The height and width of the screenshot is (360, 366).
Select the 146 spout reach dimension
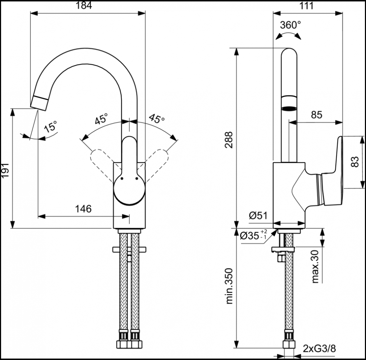(x=83, y=208)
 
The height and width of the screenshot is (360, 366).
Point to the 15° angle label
(x=51, y=127)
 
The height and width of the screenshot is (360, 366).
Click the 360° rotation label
(x=290, y=25)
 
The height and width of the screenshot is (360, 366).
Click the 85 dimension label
(x=316, y=115)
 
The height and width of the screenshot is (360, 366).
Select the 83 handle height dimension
(x=355, y=162)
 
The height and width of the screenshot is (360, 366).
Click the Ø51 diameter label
(x=258, y=215)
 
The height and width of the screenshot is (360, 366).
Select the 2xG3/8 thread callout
(x=320, y=348)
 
